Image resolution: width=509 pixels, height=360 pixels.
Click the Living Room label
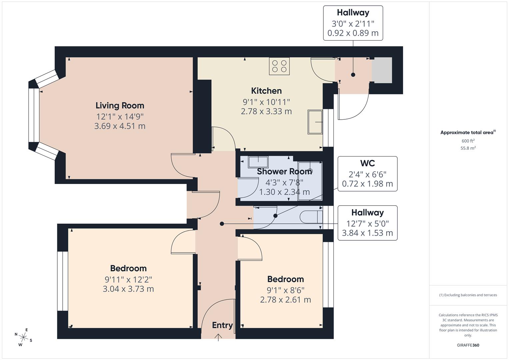click(120, 106)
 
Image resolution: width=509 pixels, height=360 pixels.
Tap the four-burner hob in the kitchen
click(279, 66)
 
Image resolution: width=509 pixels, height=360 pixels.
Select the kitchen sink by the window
click(315, 122)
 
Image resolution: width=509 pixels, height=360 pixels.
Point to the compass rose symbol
click(23, 337)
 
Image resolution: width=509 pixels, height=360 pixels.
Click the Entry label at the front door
click(222, 325)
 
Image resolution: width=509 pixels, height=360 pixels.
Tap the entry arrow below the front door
click(218, 337)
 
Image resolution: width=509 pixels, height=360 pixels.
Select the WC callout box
click(367, 174)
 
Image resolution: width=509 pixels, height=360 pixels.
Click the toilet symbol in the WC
click(311, 217)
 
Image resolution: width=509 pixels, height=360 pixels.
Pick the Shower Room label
click(284, 172)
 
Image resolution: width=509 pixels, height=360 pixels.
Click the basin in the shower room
click(258, 162)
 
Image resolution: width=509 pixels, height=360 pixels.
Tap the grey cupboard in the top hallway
click(382, 70)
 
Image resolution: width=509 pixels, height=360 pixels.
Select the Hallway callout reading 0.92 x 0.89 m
click(353, 23)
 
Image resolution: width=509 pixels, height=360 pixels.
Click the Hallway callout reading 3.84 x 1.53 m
click(367, 223)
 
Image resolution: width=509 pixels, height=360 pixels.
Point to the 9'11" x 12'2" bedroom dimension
click(128, 279)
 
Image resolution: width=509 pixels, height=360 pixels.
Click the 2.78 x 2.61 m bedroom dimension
click(285, 300)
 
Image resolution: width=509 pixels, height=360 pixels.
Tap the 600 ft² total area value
click(468, 141)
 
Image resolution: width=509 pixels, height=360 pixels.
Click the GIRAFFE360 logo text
click(468, 345)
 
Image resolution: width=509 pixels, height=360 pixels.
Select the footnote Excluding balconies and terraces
click(468, 295)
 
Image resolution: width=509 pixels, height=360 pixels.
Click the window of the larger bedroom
click(62, 281)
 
